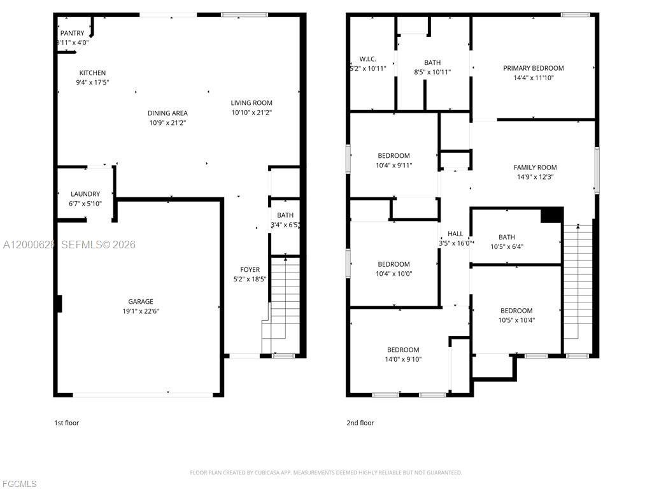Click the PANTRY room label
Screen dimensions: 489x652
[72, 33]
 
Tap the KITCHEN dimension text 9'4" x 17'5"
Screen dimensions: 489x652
[92, 82]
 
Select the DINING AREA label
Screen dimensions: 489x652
[167, 113]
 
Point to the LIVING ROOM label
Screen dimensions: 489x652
[252, 103]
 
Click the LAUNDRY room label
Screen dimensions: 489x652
[85, 194]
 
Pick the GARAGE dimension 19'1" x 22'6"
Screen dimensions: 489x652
[140, 311]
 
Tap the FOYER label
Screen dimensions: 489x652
[250, 269]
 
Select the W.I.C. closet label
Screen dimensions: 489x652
[368, 59]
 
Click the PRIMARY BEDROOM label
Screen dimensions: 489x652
[533, 68]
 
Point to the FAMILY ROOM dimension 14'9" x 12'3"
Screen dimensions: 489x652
[534, 177]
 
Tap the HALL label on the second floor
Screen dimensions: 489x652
[455, 234]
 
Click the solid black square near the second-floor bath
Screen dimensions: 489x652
[551, 215]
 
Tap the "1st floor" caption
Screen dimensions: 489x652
[66, 423]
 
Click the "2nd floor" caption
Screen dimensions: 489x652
[360, 423]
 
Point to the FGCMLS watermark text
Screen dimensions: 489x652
[18, 484]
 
